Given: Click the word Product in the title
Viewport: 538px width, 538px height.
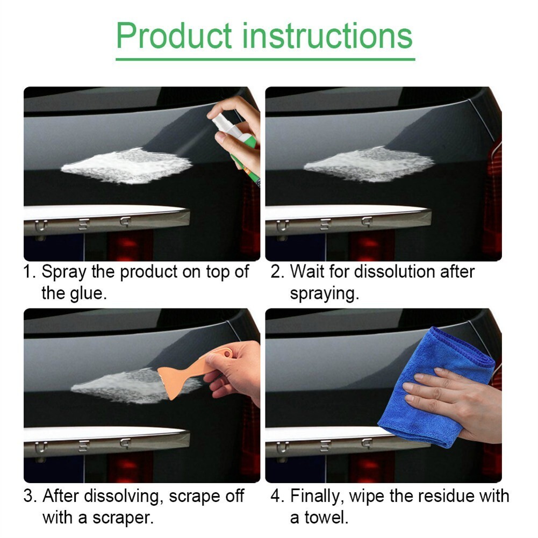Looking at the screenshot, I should (x=174, y=36).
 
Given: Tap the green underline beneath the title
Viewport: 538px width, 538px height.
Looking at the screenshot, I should (x=265, y=59).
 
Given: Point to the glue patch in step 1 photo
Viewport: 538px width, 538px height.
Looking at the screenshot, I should (x=126, y=166).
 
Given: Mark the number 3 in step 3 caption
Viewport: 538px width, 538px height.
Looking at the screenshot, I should (x=28, y=496).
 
